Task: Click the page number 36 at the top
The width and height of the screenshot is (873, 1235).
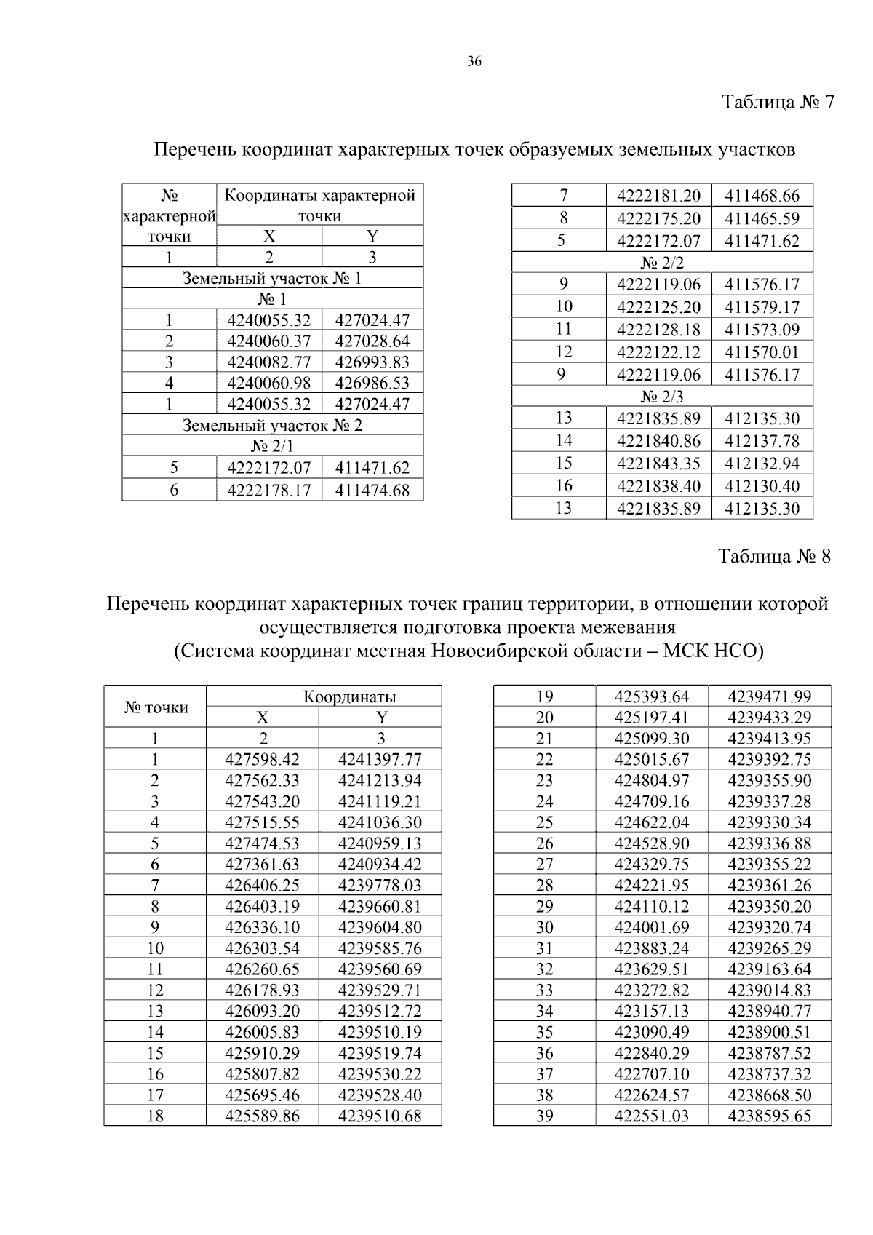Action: tap(474, 62)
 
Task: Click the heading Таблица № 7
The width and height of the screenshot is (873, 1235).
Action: tap(776, 102)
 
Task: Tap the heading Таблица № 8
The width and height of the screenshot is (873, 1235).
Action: tap(774, 557)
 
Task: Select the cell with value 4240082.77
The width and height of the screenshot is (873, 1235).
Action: tap(268, 362)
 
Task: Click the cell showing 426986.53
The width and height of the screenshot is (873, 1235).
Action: tap(372, 384)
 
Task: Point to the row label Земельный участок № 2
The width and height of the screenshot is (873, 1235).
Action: tap(272, 426)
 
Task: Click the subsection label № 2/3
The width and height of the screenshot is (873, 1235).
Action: tap(662, 397)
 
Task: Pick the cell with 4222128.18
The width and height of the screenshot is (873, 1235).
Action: tap(658, 330)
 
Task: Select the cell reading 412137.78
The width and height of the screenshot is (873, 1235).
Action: tap(762, 441)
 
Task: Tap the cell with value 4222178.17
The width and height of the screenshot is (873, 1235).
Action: tap(268, 491)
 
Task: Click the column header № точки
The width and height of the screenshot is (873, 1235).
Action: tap(156, 707)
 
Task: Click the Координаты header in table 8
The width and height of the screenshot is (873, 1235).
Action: tap(349, 696)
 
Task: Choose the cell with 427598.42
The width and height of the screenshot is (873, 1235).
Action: tap(262, 760)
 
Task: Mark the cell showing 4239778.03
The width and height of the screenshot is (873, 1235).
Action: tap(380, 886)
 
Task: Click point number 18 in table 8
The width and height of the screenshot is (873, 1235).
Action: tap(155, 1116)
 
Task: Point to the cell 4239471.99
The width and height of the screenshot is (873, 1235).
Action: tap(769, 696)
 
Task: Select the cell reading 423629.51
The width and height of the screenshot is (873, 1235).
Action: tap(651, 969)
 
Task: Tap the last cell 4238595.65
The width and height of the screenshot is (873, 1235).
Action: tap(769, 1116)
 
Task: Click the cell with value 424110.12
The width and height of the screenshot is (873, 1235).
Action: tap(651, 907)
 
